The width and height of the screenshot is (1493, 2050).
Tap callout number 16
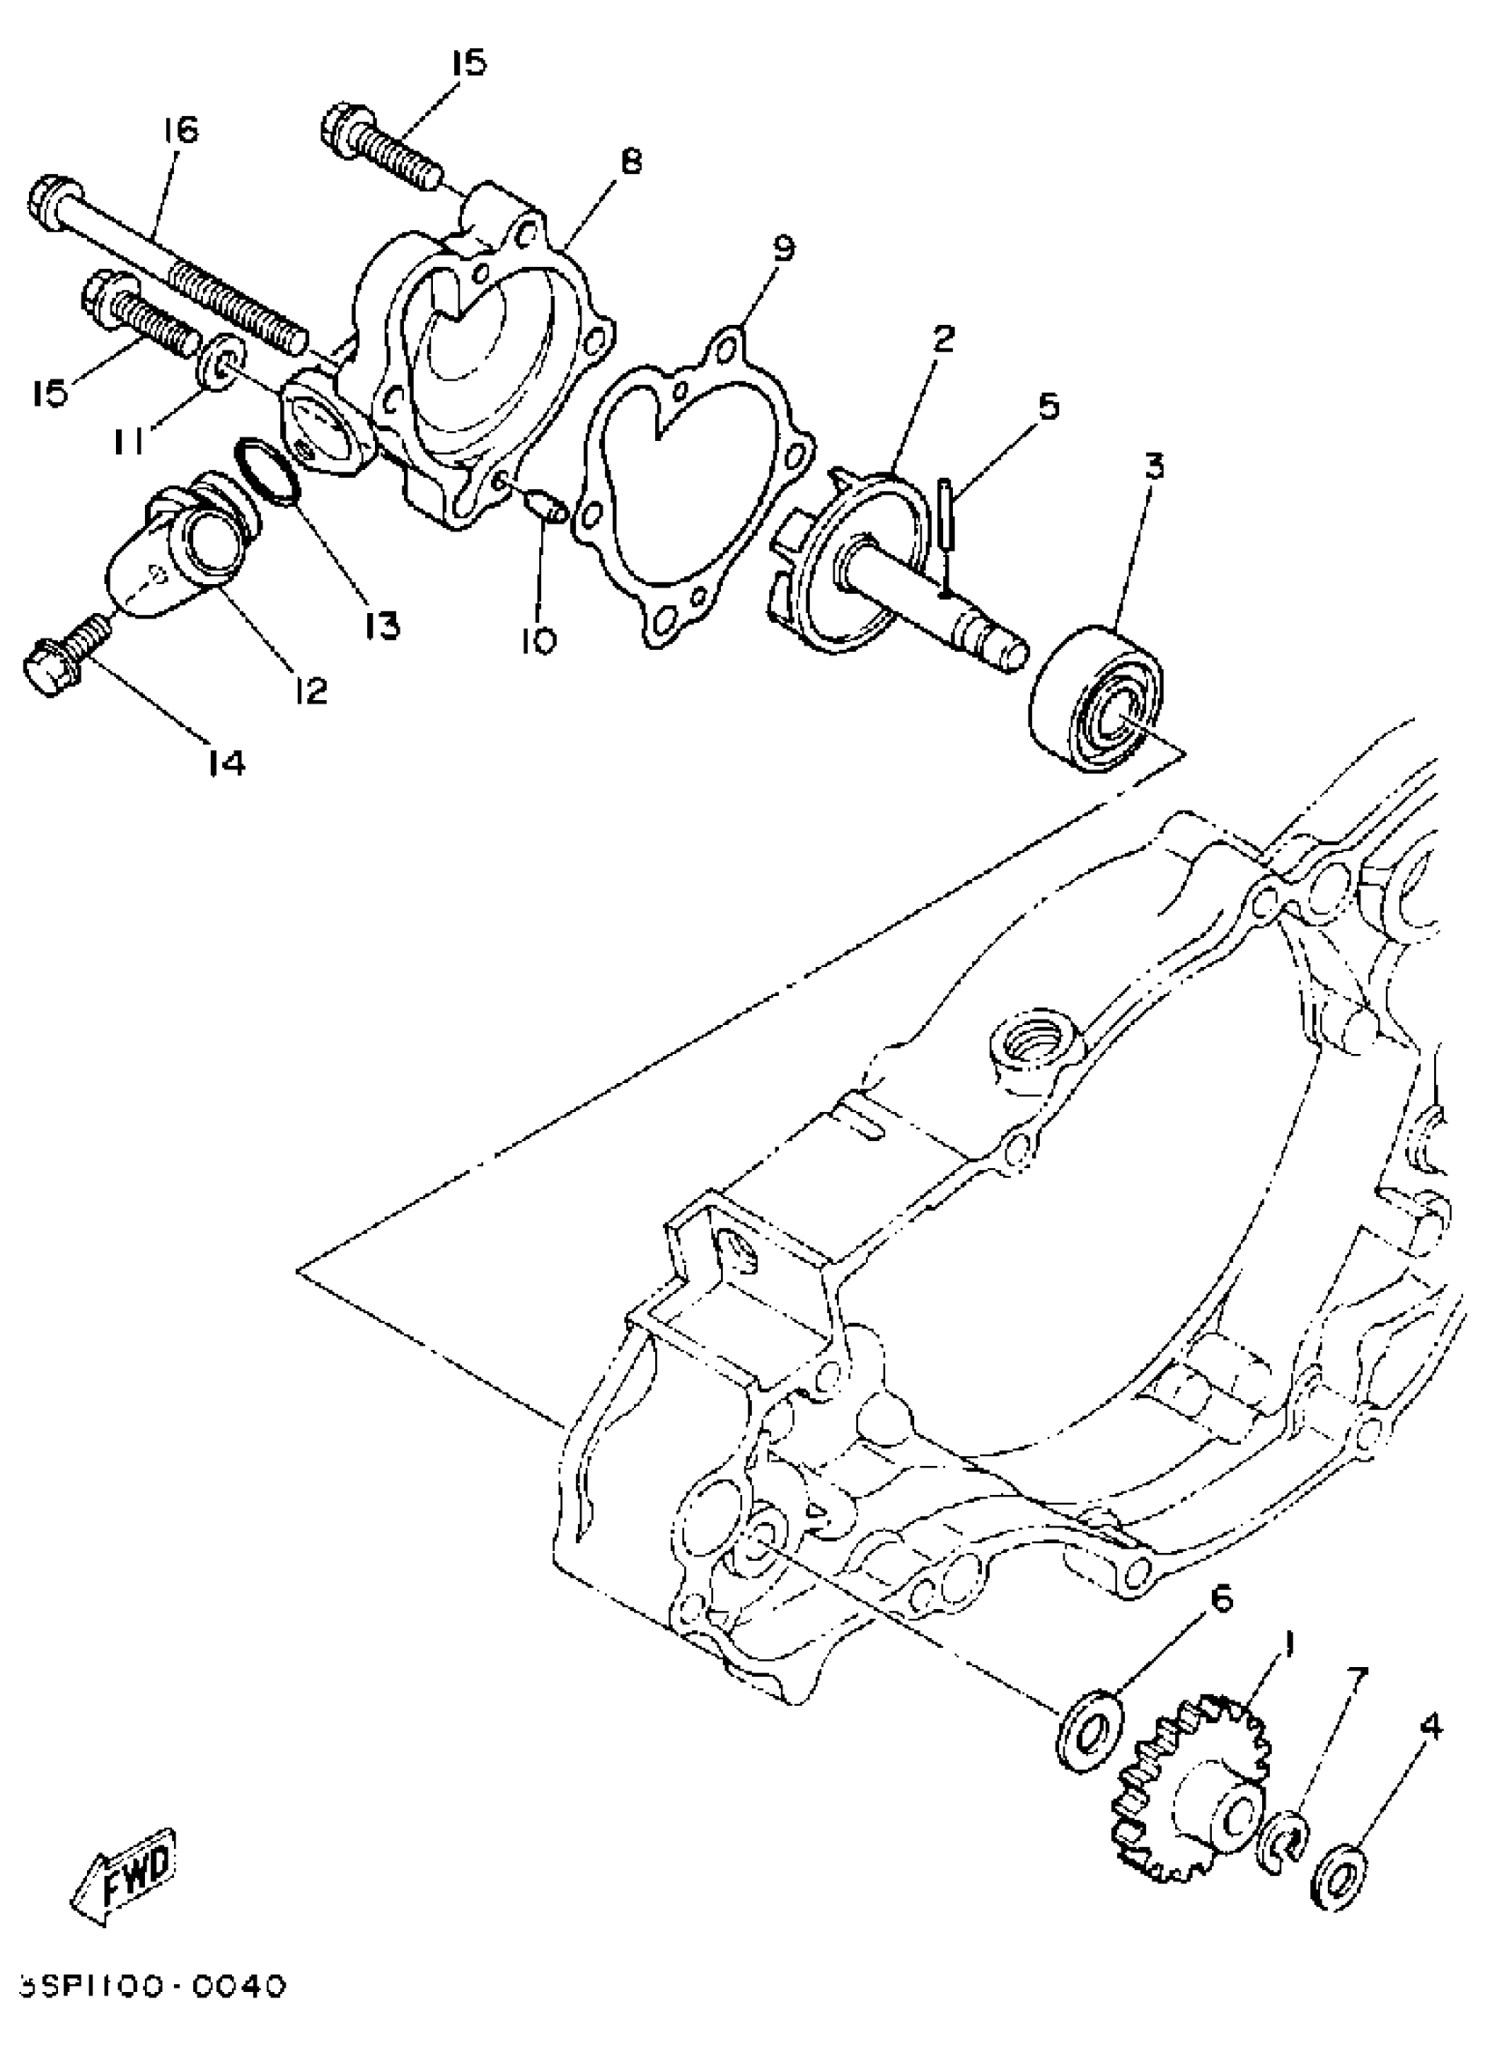tap(180, 130)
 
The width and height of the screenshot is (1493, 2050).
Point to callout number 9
tap(783, 248)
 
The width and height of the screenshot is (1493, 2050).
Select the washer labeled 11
tap(220, 364)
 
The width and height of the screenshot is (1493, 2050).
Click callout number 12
tap(310, 691)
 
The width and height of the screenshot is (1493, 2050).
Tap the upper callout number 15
tap(469, 63)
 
